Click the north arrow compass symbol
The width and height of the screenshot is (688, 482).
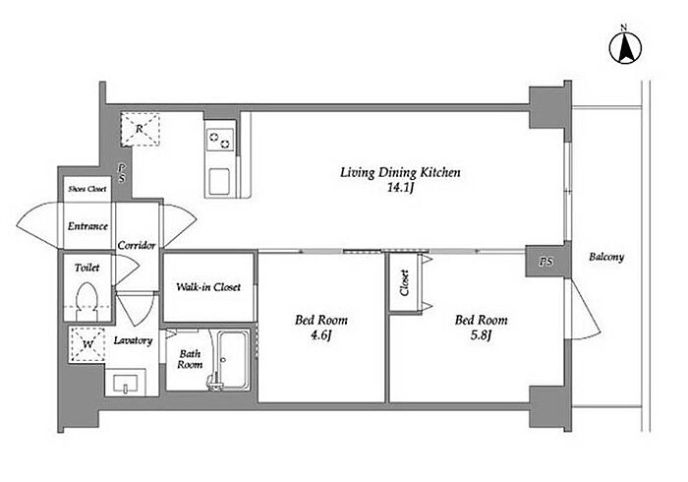click(626, 47)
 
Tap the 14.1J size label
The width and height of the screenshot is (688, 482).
click(401, 188)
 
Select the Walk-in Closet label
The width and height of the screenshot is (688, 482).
click(208, 287)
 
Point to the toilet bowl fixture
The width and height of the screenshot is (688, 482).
click(86, 301)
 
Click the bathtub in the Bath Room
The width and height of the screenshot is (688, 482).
click(234, 359)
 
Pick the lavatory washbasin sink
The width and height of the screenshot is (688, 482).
click(126, 384)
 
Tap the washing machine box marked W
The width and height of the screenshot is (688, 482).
click(87, 344)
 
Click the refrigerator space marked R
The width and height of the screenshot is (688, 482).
click(140, 129)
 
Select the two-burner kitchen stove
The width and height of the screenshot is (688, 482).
click(220, 140)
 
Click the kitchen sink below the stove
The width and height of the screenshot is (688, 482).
click(219, 181)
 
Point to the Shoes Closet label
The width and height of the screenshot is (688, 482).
click(87, 189)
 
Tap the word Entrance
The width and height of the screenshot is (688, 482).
click(87, 226)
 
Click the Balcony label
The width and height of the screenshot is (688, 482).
click(606, 258)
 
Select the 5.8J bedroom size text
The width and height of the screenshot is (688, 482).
click(481, 335)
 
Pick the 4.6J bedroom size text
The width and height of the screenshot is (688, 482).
click(321, 335)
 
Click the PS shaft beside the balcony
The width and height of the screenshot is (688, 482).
click(546, 262)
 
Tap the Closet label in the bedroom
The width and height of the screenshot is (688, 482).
click(405, 282)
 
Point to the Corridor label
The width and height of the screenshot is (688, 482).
click(137, 245)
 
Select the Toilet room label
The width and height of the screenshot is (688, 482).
click(86, 268)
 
